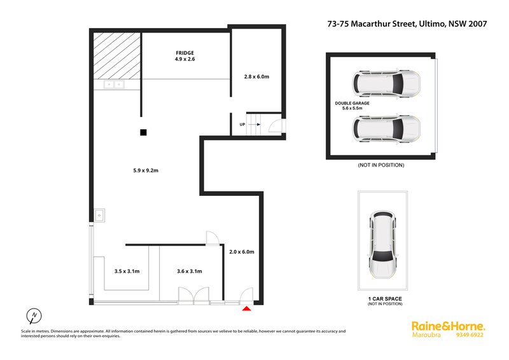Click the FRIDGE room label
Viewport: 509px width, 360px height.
click(x=185, y=53)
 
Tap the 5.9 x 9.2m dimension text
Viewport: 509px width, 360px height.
click(x=146, y=170)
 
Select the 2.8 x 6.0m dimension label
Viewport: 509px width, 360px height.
click(x=256, y=76)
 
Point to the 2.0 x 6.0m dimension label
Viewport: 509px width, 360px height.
click(x=242, y=252)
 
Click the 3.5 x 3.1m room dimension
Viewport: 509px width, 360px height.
click(x=127, y=271)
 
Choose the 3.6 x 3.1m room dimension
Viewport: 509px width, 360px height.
click(x=190, y=271)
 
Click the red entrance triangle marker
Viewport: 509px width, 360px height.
click(x=247, y=308)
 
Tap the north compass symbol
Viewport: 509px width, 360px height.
click(x=34, y=315)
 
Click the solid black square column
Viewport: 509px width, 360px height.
click(x=143, y=132)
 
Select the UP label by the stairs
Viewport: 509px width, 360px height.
click(x=242, y=124)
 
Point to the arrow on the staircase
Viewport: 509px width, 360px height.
click(x=254, y=124)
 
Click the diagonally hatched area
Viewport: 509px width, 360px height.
click(x=117, y=55)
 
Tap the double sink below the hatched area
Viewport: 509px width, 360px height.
click(x=114, y=85)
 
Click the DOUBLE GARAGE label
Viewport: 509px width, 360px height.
click(x=352, y=103)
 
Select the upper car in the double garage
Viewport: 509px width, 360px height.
click(x=386, y=83)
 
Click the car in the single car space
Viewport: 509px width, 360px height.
click(x=384, y=245)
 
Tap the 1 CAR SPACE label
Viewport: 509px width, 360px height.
click(x=385, y=299)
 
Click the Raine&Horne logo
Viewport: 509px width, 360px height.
click(x=449, y=326)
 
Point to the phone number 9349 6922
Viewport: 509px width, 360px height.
click(x=470, y=335)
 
